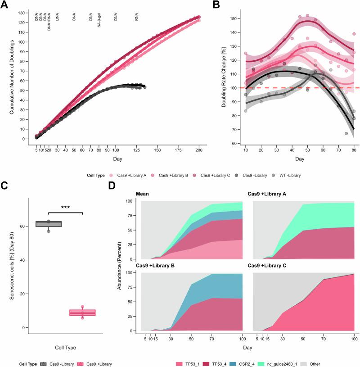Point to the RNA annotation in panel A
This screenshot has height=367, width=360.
pyautogui.click(x=137, y=18)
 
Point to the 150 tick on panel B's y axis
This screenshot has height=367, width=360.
pyautogui.click(x=234, y=18)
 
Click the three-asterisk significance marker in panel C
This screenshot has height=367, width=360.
pyautogui.click(x=65, y=208)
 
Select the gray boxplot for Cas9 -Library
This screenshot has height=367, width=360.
pyautogui.click(x=48, y=224)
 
